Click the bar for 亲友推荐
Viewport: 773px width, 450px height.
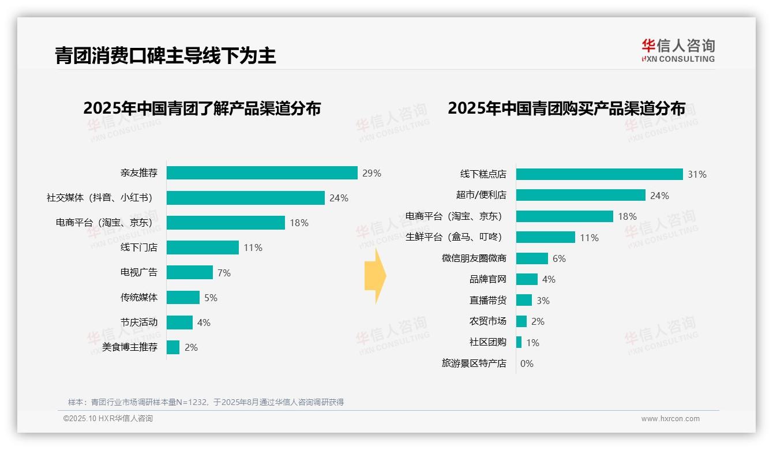click(x=262, y=173)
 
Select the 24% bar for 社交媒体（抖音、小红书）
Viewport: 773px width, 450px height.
click(x=246, y=198)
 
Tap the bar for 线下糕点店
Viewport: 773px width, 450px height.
click(x=599, y=174)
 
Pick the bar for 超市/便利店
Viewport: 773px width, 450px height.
click(x=580, y=195)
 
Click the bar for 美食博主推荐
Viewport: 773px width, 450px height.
click(x=173, y=347)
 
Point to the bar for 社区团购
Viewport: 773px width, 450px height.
click(x=519, y=342)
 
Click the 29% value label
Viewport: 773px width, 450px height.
click(x=372, y=173)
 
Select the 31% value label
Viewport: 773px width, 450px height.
click(x=697, y=174)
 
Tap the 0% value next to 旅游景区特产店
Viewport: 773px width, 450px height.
click(x=527, y=363)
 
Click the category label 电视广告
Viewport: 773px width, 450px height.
click(x=138, y=272)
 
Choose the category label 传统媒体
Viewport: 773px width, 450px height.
click(x=138, y=298)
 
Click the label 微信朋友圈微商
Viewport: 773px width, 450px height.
click(x=474, y=258)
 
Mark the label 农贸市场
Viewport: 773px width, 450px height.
click(x=487, y=321)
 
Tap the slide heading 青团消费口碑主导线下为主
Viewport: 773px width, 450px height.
click(x=166, y=55)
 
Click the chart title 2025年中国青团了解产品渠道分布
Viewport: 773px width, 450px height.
click(x=202, y=108)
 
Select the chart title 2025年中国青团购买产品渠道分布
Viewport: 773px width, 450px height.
click(x=566, y=108)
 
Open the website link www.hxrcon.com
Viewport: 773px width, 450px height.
click(x=670, y=419)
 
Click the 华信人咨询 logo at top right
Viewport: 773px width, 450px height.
click(x=678, y=50)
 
